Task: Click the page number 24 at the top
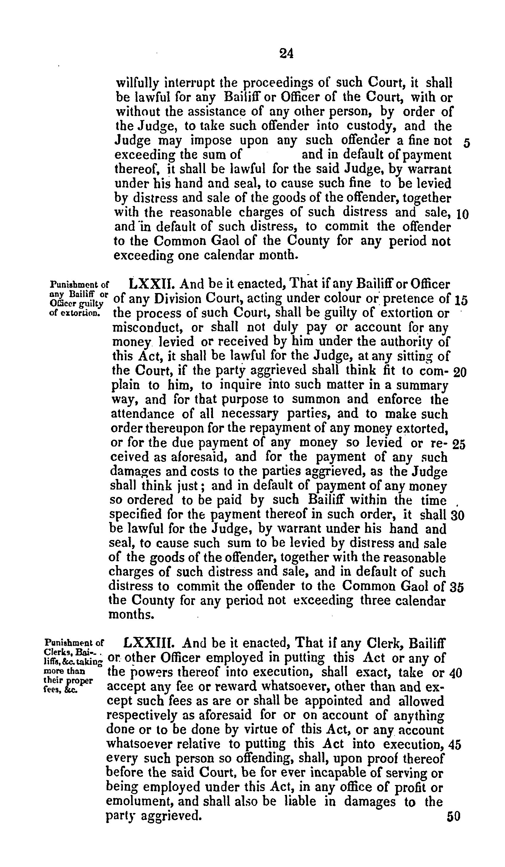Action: tap(286, 54)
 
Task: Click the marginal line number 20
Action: tap(460, 373)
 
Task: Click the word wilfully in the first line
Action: tap(138, 83)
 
